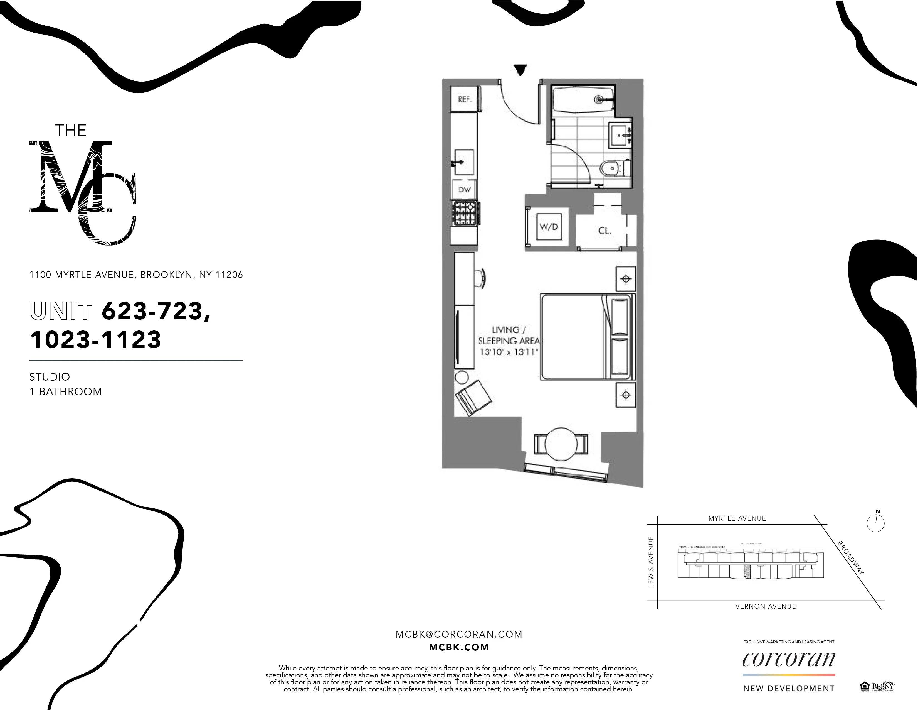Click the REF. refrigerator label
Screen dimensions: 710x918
(465, 99)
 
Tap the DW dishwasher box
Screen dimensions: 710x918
(465, 190)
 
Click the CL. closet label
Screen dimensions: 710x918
(604, 231)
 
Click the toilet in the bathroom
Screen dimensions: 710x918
(614, 169)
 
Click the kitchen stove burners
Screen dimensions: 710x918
(465, 214)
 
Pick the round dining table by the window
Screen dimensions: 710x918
(561, 444)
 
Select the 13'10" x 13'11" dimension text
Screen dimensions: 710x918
(509, 352)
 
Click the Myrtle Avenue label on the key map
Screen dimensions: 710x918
(737, 518)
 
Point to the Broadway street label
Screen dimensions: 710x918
(851, 558)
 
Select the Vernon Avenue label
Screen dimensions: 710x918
(765, 606)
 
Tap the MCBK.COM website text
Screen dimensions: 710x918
(458, 647)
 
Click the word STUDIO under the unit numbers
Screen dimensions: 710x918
(50, 377)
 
